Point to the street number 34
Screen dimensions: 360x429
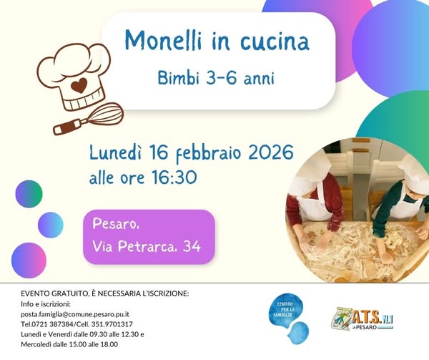(192, 248)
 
